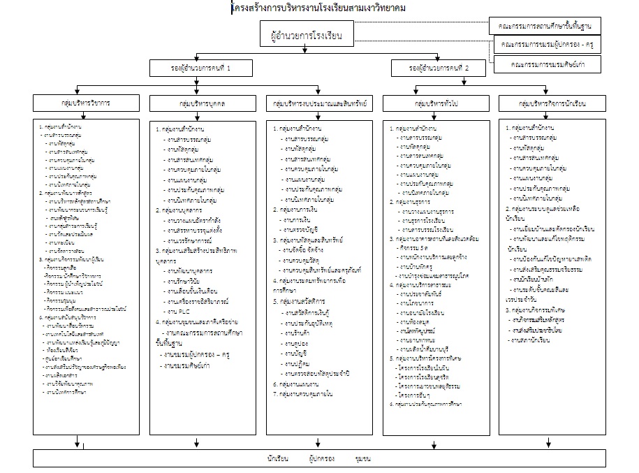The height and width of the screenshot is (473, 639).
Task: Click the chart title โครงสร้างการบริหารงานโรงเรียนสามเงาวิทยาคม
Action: [x=318, y=8]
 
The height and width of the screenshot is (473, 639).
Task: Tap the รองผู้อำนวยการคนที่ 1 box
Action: [x=200, y=68]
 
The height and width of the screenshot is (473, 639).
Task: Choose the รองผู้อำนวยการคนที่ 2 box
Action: [x=439, y=68]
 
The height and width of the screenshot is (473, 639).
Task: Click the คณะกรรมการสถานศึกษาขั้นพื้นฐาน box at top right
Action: [x=546, y=26]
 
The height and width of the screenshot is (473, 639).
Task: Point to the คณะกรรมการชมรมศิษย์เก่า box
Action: [x=548, y=64]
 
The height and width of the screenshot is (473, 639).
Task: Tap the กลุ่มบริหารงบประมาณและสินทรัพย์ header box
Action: [x=320, y=103]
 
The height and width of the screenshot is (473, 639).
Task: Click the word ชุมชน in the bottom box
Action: [x=362, y=458]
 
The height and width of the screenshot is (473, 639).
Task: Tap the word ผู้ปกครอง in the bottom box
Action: [x=321, y=458]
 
